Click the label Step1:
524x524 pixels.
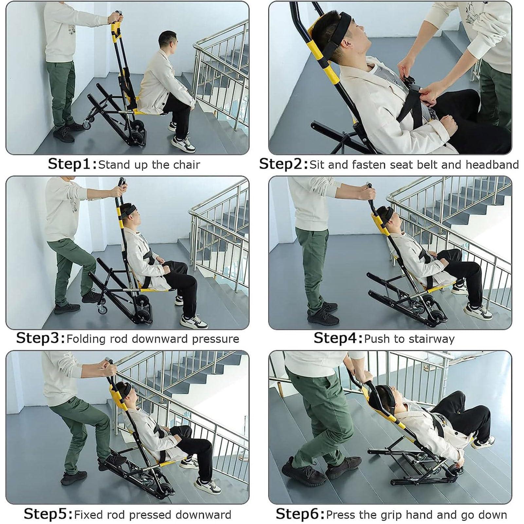(x=72, y=164)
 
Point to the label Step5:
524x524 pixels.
(x=48, y=514)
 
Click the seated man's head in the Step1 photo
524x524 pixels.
(x=168, y=40)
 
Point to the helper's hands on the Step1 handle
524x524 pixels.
(x=116, y=16)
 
